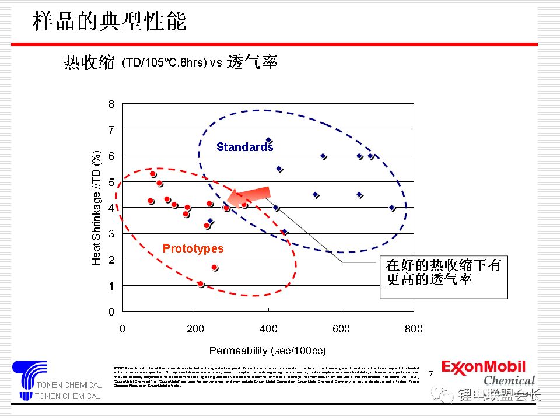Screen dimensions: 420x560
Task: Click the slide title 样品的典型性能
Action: pos(110,22)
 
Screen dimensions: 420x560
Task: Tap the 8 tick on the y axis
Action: pos(111,104)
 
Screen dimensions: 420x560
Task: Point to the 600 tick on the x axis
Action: pos(341,329)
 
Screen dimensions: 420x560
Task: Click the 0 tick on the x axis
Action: pos(123,329)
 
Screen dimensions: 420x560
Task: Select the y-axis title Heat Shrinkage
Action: pos(97,208)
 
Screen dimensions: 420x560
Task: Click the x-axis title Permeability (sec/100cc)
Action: pos(267,351)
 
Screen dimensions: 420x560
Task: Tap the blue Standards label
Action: pos(244,147)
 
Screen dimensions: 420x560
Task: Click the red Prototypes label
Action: pos(192,249)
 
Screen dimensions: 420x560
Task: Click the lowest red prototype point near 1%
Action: pos(200,284)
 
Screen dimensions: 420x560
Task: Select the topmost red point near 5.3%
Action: pos(153,174)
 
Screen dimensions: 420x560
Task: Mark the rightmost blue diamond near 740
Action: pos(392,208)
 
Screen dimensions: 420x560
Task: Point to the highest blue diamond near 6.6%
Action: pos(268,141)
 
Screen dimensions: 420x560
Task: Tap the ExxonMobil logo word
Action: pos(483,367)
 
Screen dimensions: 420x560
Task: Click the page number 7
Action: pos(431,374)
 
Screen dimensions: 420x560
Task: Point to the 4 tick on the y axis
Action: pos(111,208)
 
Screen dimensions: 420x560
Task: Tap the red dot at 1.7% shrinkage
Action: pos(214,268)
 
